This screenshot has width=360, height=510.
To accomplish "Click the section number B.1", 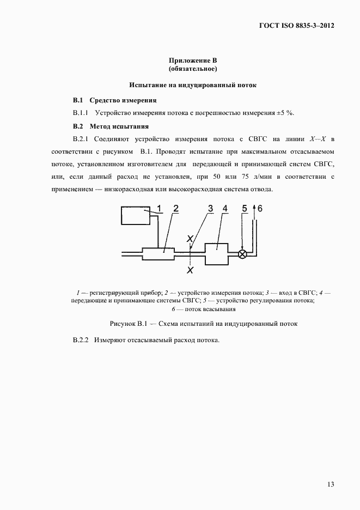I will point(77,100).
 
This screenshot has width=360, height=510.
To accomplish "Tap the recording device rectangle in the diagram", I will point(135,216).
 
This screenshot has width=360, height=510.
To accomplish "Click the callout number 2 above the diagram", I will point(176,208).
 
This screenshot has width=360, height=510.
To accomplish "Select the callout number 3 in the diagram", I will point(210,208).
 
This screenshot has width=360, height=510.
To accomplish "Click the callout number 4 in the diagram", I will point(225,208).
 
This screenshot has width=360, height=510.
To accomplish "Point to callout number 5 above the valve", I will point(245,208).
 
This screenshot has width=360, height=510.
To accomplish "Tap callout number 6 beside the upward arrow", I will point(259,208).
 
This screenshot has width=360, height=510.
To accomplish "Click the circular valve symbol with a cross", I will point(243,253).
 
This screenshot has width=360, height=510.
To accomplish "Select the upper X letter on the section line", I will point(189,239).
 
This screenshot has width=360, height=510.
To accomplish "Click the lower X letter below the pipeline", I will point(189,269).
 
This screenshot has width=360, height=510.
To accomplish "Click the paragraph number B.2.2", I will point(81,341).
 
